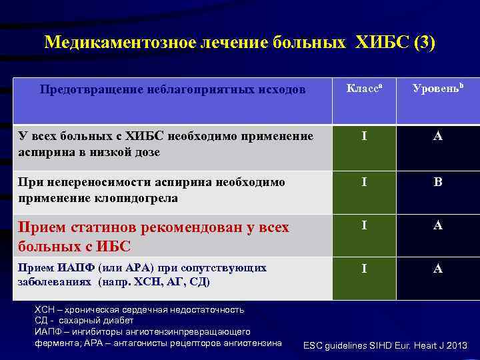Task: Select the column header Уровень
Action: tap(437, 88)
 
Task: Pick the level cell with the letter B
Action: tap(438, 182)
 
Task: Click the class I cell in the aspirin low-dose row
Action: tap(364, 137)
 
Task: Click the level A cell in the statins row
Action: tap(438, 225)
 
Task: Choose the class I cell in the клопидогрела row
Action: tap(364, 182)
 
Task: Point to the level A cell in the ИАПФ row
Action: tap(438, 268)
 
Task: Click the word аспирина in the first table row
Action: tap(43, 152)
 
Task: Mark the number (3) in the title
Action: tap(425, 43)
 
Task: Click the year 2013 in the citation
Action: tap(455, 345)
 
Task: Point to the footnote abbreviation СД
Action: tap(41, 321)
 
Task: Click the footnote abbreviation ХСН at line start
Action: tap(44, 309)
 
